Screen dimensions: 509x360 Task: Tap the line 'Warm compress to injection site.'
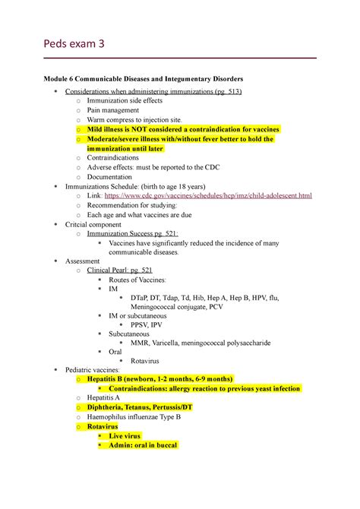(x=134, y=119)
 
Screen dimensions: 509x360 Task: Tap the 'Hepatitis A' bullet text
(x=108, y=397)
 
